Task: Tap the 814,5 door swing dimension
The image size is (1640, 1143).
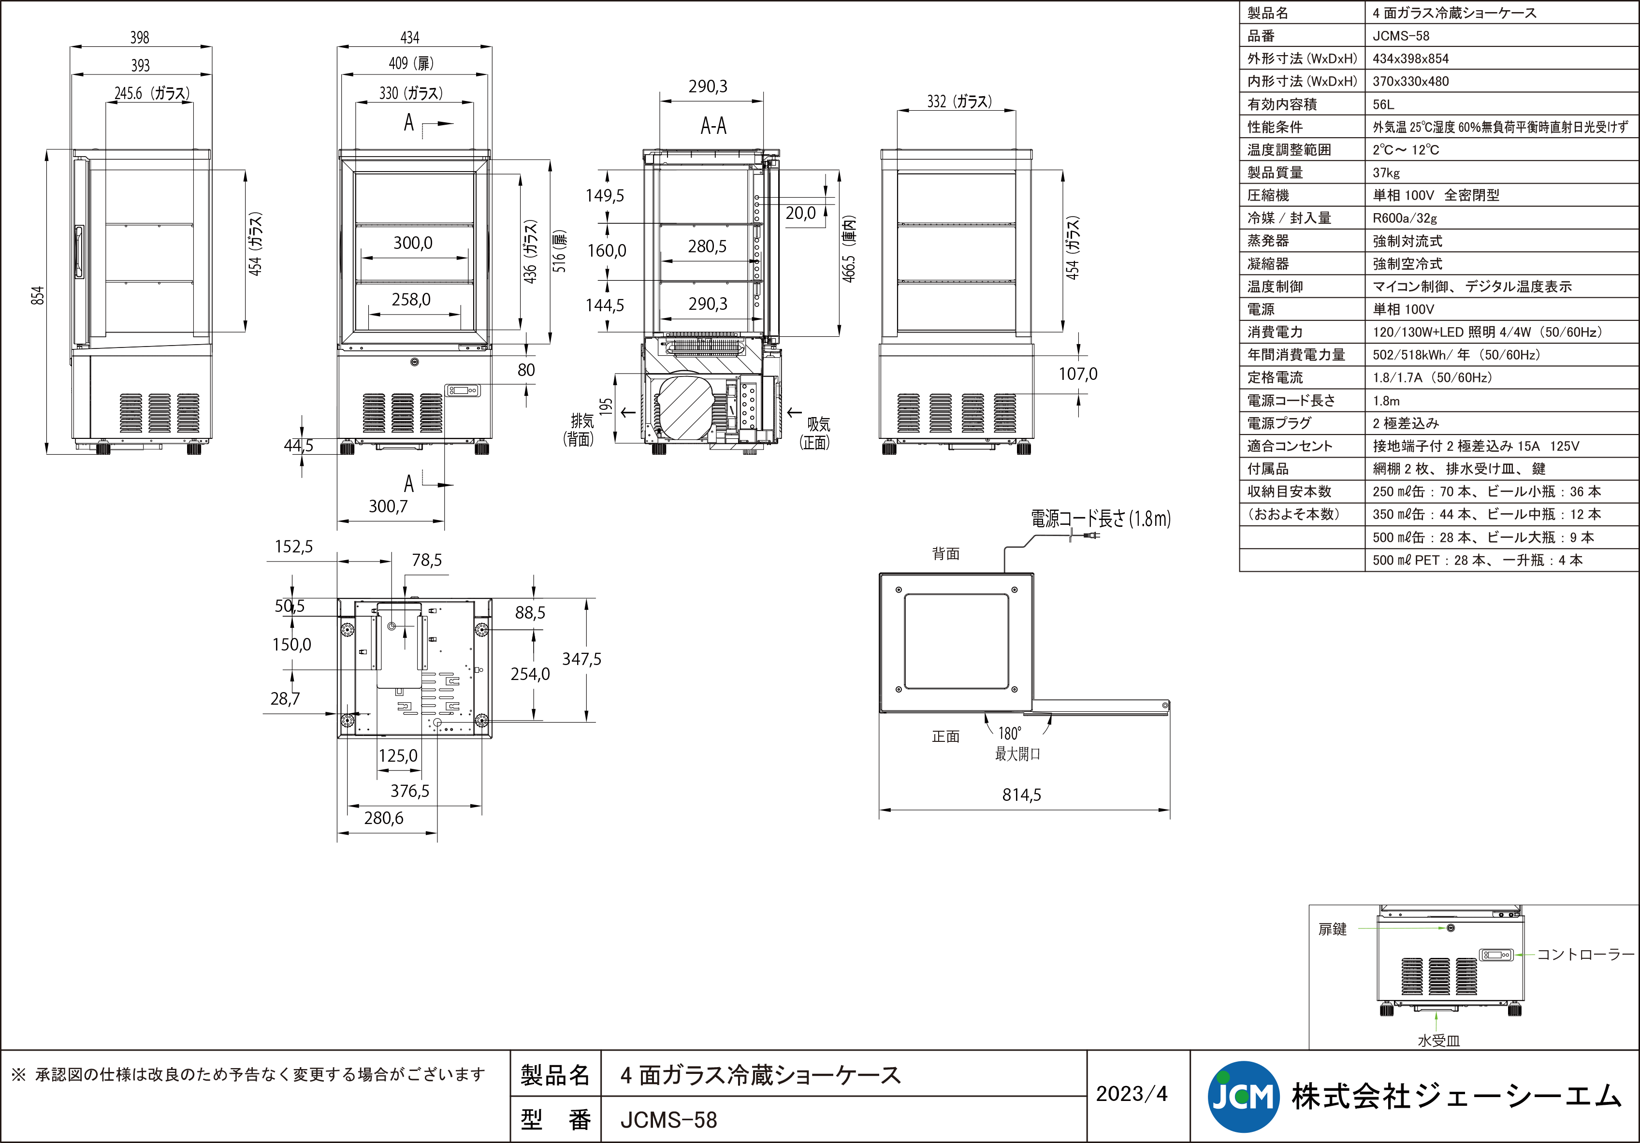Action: point(1021,795)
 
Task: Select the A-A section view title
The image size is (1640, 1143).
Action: point(713,127)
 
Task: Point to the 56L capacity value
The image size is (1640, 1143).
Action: point(1383,104)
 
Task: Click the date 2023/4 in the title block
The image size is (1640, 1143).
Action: point(1132,1094)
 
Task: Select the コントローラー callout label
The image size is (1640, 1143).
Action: point(1585,955)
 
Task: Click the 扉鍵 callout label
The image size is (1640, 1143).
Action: point(1332,929)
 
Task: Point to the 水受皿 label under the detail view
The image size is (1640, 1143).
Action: point(1438,1041)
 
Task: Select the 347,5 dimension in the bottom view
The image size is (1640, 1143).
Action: point(581,659)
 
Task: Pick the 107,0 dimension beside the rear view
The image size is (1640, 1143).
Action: point(1078,374)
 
